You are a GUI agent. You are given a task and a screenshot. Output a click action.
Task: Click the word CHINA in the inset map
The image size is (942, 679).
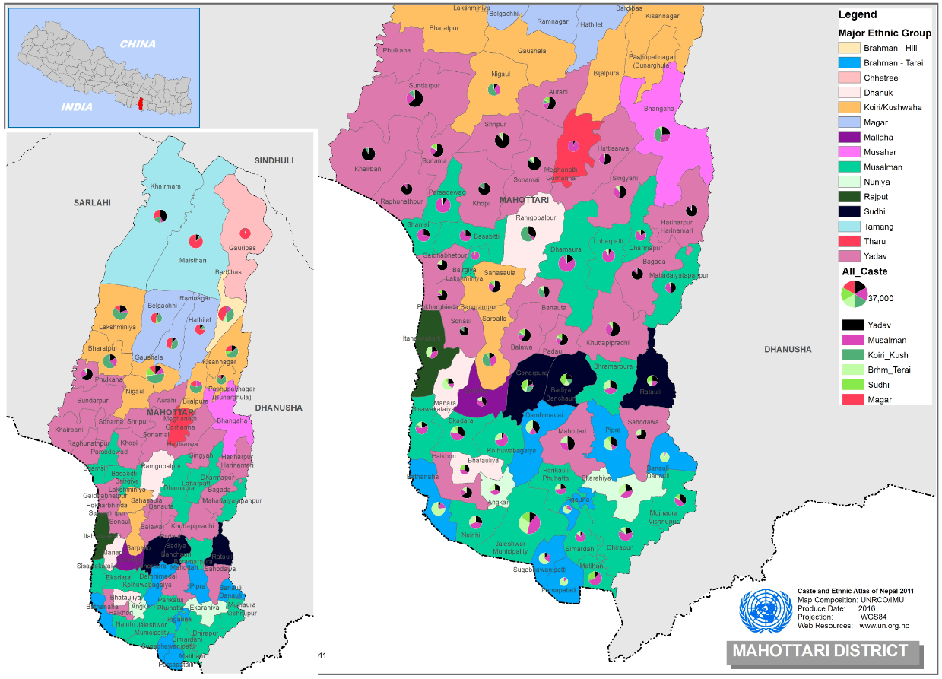[138, 43]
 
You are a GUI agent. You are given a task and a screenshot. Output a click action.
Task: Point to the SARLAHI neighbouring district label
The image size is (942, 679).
[93, 203]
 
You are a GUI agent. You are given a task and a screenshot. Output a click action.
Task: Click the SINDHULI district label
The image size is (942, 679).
[274, 160]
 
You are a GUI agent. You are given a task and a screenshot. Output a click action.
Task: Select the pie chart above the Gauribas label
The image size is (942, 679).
[245, 232]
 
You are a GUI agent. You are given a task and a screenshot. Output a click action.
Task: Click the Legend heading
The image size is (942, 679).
[858, 14]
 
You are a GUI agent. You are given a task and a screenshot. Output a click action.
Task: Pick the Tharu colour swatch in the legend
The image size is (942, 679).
[849, 241]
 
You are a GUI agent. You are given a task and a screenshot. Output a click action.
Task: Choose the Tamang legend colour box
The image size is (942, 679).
[849, 227]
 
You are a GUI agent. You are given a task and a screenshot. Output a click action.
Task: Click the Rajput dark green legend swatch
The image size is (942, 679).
[849, 197]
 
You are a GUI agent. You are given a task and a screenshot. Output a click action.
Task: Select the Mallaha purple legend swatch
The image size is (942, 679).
[849, 138]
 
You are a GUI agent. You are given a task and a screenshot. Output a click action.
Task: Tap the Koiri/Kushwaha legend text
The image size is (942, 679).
[892, 107]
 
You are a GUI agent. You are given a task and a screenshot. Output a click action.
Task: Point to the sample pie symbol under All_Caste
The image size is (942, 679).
[854, 293]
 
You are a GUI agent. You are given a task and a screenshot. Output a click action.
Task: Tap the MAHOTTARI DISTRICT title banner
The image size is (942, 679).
[820, 651]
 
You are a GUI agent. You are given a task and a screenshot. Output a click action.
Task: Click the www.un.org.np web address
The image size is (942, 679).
[883, 626]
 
